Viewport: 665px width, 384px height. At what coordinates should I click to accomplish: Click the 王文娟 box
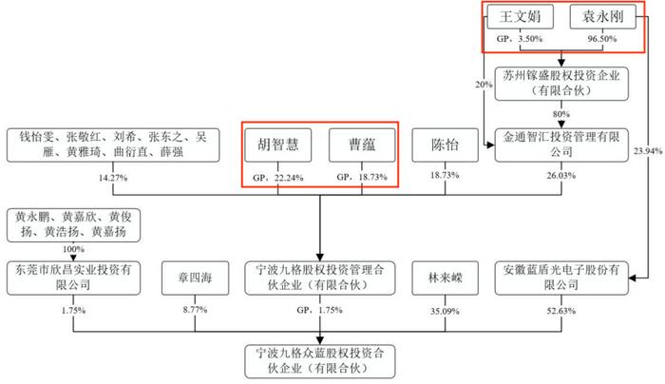point(520,17)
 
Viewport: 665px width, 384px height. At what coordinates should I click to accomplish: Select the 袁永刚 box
point(602,17)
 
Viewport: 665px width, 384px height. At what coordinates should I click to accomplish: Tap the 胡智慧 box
point(278,145)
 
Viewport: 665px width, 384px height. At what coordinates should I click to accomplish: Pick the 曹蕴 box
point(362,145)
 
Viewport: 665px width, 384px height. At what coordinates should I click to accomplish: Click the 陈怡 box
point(445,145)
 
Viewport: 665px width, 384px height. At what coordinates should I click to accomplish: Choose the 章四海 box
point(195,278)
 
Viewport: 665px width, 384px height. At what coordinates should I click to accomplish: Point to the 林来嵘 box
point(445,278)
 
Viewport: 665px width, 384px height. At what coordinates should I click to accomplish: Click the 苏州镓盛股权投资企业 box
point(561,84)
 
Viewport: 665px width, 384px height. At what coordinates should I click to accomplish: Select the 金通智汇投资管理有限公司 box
point(561,145)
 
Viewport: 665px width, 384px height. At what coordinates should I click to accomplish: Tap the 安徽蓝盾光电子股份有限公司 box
point(561,278)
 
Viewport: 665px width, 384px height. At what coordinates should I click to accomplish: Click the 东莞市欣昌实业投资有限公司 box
point(73,278)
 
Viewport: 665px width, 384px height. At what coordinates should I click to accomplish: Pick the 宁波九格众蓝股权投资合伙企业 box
point(320,361)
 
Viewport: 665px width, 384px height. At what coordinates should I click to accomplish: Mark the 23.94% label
point(648,151)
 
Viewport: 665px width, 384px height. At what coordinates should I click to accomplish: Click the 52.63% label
point(561,311)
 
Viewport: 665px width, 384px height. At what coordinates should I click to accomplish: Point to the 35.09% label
point(445,311)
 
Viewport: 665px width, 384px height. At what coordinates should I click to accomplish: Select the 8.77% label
point(195,310)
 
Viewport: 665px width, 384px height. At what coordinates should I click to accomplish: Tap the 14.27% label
point(113,178)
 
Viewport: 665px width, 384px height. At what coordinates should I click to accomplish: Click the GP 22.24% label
point(278,178)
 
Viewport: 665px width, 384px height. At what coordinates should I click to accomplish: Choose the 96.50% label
point(601,39)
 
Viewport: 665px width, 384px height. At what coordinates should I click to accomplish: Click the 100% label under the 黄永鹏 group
point(73,249)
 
